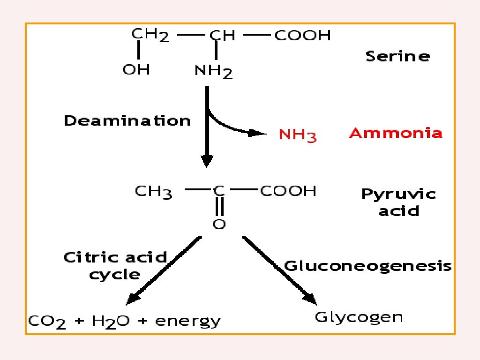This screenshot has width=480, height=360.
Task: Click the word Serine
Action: pos(397,56)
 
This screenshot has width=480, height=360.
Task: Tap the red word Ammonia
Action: pos(395,133)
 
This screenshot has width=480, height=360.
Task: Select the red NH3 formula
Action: pos(298,135)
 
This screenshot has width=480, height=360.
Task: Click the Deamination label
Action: pos(127,121)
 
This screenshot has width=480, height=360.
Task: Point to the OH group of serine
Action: pos(136,70)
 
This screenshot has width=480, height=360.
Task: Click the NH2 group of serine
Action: pos(213,71)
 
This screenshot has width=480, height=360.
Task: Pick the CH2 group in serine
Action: pos(150,35)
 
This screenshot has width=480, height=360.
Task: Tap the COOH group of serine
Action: pos(302,35)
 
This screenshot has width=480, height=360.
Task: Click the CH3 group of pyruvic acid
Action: pos(154,191)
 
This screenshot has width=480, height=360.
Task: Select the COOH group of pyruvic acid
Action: pos(288,191)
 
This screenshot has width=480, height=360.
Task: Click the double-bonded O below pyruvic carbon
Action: pos(219,224)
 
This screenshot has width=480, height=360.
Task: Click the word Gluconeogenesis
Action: pos(368,267)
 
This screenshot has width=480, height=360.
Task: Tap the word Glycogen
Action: pos(359,318)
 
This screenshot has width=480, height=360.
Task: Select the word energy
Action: pos(187,322)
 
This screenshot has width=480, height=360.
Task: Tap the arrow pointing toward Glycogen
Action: pos(278,269)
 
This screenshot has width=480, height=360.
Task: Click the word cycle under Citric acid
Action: pos(114,275)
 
